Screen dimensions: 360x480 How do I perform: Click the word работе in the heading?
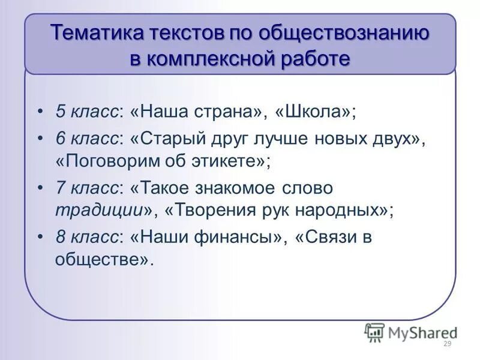tap(319, 59)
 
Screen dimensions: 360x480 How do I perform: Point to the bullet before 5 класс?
tap(40, 112)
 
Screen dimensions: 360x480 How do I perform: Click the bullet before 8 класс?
tap(40, 237)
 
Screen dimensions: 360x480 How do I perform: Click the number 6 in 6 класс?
tap(60, 138)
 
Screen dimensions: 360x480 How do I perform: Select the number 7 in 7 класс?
tap(60, 188)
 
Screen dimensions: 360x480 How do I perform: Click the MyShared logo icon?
tap(374, 332)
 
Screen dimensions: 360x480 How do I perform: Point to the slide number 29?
tap(446, 344)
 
